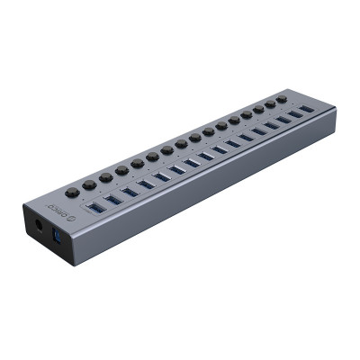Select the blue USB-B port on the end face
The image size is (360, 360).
pos(58,236)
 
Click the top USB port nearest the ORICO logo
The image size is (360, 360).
pos(95,208)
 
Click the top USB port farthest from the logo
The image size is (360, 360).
pos(308,109)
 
